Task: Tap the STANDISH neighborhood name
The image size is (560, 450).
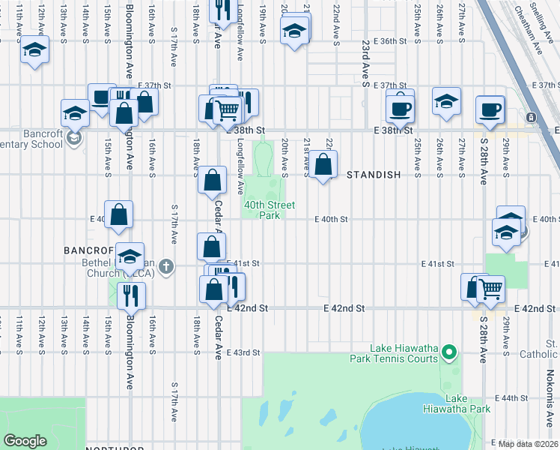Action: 374,175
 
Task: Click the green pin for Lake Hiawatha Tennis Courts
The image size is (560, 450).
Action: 449,351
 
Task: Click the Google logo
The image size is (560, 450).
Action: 25,441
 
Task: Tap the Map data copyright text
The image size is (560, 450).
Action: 529,444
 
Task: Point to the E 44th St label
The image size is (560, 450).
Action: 512,397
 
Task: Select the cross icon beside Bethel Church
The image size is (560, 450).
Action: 166,265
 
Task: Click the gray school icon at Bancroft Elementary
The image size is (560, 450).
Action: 73,137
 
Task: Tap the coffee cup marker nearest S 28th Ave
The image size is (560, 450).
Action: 490,110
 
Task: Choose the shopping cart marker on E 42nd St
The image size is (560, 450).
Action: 490,288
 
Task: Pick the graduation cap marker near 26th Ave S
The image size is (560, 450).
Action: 446,102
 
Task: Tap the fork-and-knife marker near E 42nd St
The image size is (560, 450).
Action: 130,294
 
